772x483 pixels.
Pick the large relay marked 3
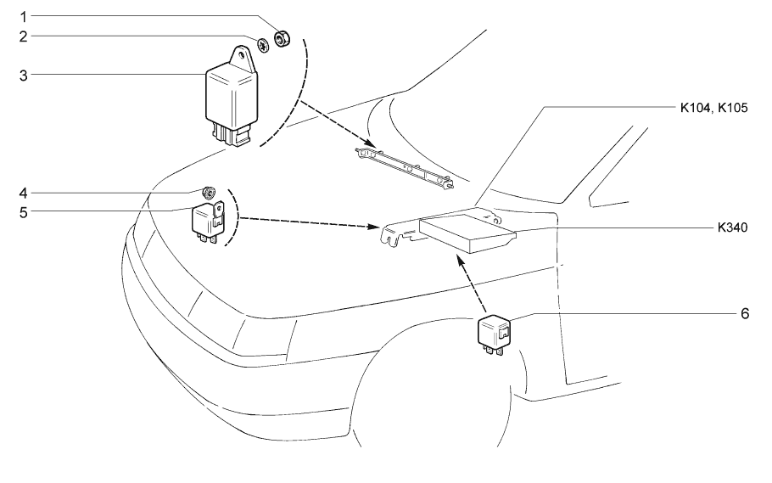pos(229,98)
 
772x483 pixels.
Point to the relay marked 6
pos(493,332)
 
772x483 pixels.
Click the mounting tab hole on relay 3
pos(247,59)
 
